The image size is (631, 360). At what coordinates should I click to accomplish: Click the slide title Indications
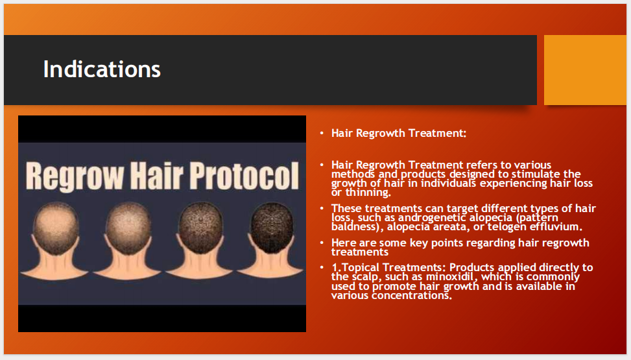102,69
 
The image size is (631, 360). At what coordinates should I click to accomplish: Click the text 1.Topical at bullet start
354,268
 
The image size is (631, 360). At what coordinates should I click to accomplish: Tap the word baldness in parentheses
355,227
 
